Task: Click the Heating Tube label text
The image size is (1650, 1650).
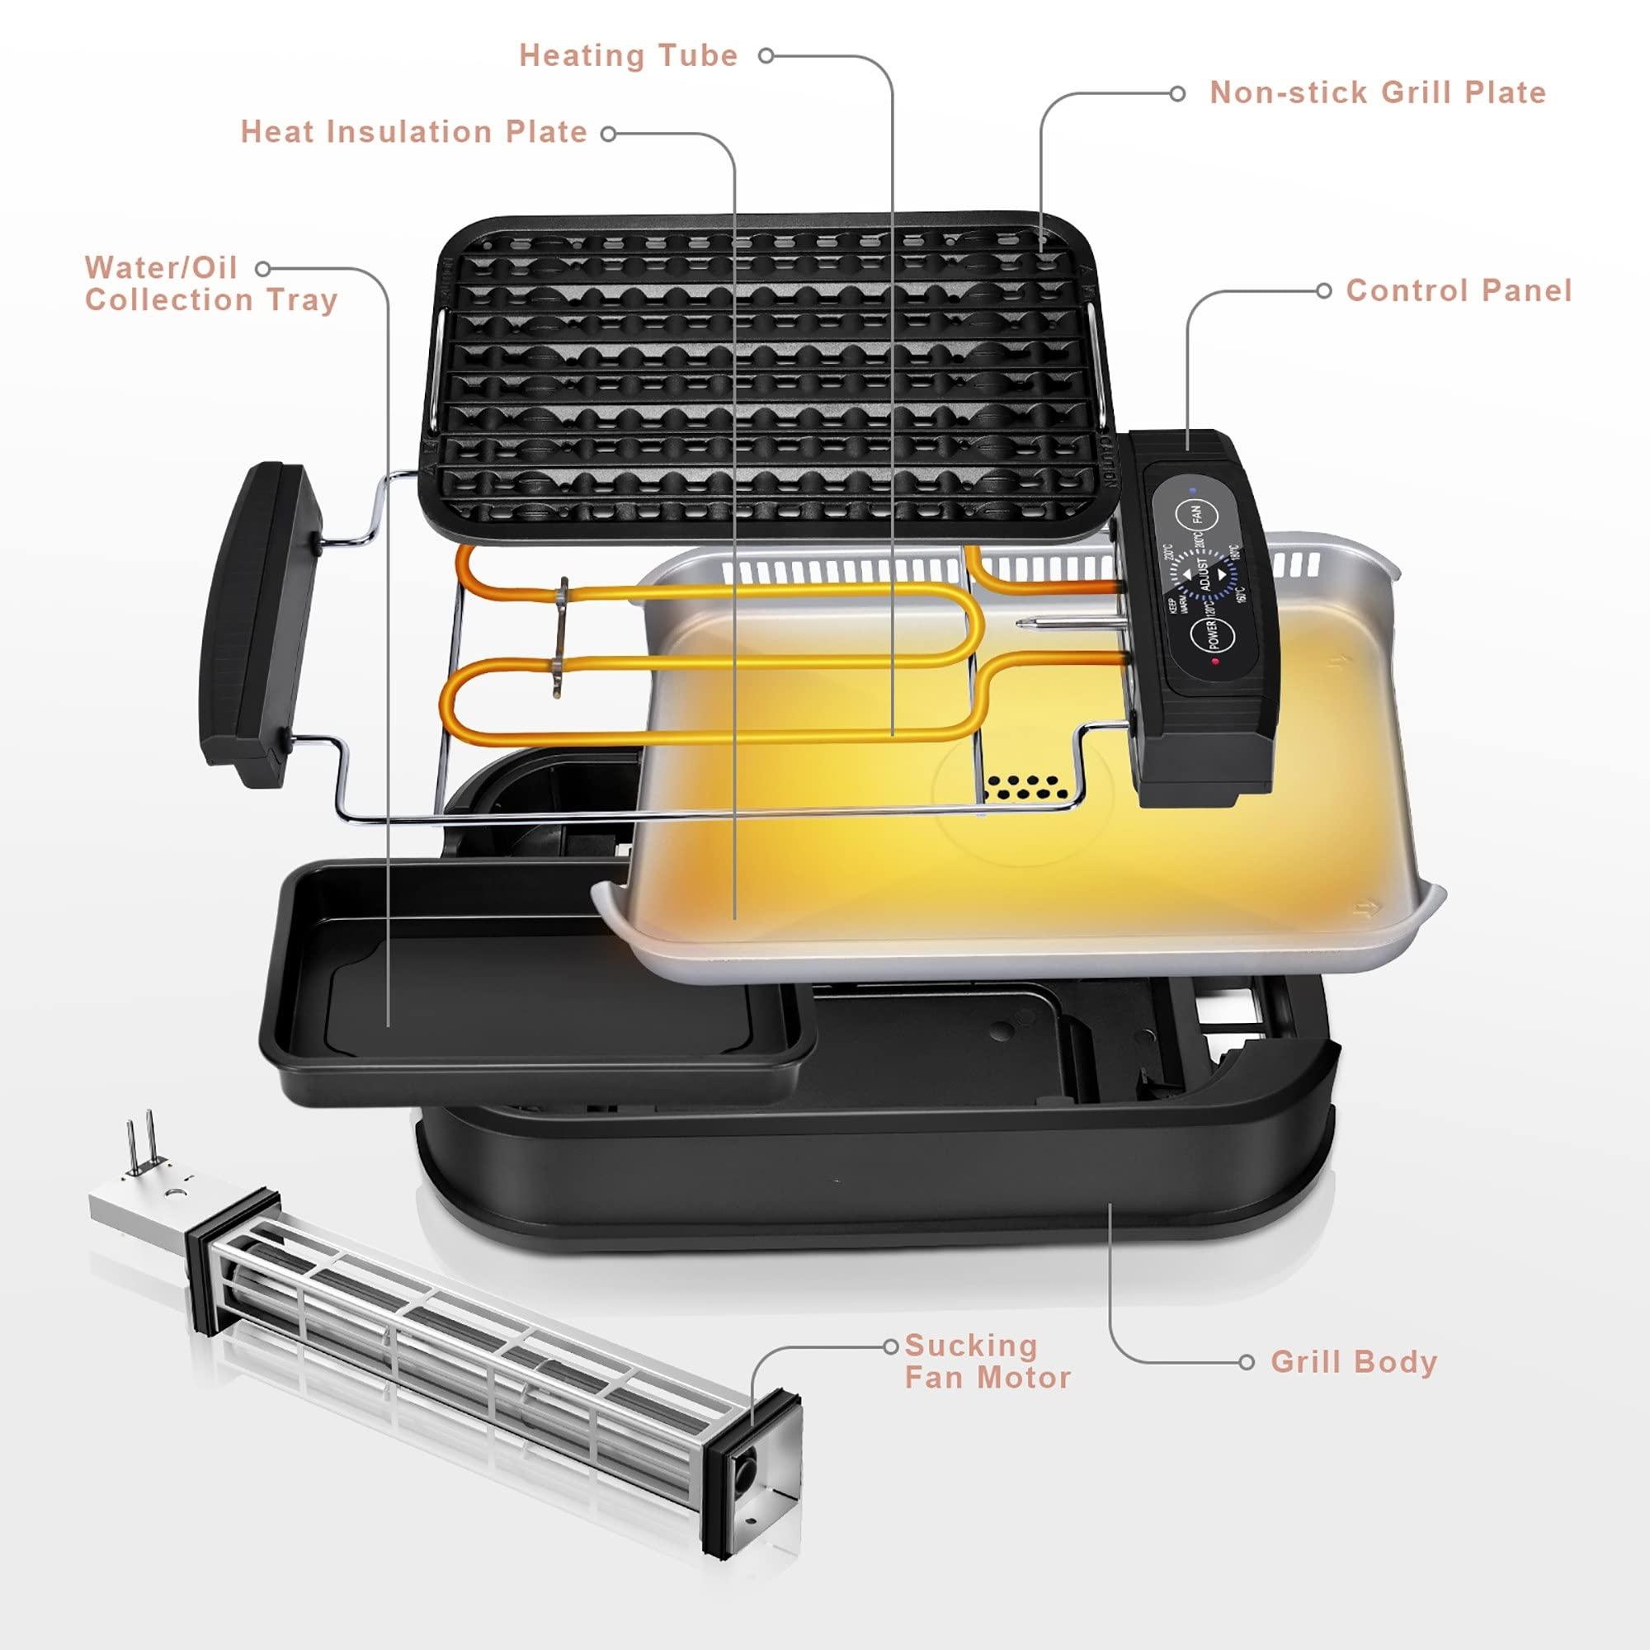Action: (629, 56)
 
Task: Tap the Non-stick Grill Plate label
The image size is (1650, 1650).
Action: (1378, 93)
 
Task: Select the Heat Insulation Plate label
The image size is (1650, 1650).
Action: (414, 132)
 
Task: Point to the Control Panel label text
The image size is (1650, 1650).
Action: (1459, 290)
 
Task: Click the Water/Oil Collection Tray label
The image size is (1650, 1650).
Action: (211, 284)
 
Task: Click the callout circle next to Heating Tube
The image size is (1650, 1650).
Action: (766, 56)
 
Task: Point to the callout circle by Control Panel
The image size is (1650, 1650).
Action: (1323, 291)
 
